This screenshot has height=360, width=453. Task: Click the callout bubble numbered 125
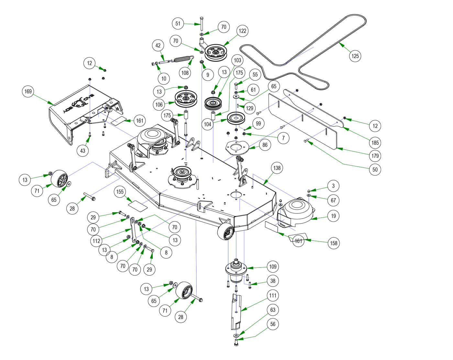tap(355, 56)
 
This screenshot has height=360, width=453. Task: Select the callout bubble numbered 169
tap(28, 92)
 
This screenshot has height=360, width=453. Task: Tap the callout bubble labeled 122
tap(242, 31)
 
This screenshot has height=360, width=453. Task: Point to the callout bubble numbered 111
tap(273, 295)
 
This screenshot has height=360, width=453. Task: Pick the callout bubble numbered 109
tap(273, 267)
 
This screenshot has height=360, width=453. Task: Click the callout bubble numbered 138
tap(277, 168)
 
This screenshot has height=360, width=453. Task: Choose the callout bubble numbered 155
tap(120, 192)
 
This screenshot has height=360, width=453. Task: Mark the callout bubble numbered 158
tap(334, 243)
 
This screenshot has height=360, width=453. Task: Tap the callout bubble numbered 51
tap(178, 23)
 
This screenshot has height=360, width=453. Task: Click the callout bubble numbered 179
tap(375, 156)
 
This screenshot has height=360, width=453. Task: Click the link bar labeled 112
tap(133, 230)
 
